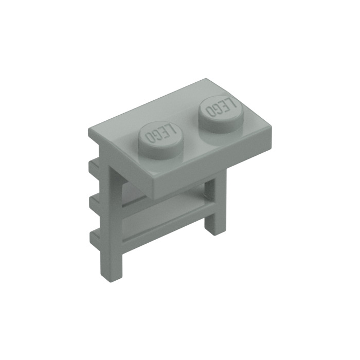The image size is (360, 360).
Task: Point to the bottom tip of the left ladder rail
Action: pyautogui.click(x=117, y=278)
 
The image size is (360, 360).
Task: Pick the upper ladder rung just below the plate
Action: pyautogui.click(x=170, y=203)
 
